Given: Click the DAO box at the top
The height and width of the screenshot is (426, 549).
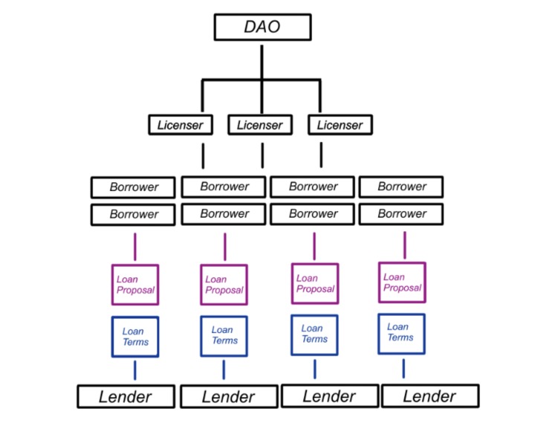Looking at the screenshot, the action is (262, 28).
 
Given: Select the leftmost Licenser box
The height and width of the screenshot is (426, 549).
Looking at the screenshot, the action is (181, 125).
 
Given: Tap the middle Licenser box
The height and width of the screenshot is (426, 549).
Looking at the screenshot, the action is (260, 125).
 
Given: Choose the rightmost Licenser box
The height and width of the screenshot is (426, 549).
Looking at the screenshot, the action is (340, 125).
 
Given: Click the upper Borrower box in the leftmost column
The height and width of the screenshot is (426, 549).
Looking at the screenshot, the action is (133, 187).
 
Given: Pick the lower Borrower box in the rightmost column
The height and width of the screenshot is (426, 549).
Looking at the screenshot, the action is (401, 214).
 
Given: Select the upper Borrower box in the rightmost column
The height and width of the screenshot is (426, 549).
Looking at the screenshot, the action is (401, 187).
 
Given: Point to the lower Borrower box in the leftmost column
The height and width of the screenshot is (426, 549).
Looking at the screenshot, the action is (133, 215).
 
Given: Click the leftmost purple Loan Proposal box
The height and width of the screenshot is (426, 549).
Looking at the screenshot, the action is (135, 285).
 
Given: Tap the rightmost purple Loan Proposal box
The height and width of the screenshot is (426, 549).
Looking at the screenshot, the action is (402, 283).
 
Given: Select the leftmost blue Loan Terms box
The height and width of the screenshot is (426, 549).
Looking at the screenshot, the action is (135, 337).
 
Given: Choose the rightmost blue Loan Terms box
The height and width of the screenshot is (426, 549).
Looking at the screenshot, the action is (402, 334).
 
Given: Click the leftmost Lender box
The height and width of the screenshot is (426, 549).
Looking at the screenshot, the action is (126, 396).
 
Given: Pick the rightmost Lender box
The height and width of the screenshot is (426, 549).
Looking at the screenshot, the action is (430, 396).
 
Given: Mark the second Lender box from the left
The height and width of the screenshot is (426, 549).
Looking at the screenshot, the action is (230, 396).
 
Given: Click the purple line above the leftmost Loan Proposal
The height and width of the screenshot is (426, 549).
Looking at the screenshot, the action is (135, 247).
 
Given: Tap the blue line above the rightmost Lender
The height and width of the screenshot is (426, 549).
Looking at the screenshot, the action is (403, 369).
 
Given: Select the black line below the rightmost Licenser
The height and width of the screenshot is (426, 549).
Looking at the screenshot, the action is (321, 155).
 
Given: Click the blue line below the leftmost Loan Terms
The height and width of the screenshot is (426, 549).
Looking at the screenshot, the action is (135, 371).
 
